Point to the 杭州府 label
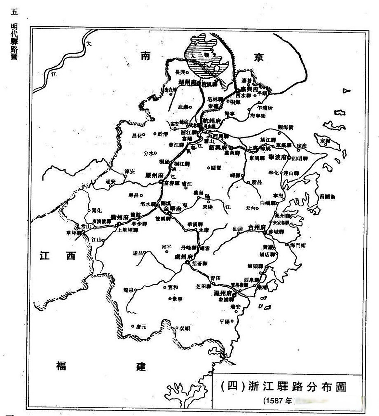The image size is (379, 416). pyautogui.click(x=212, y=121)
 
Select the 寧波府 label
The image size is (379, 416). pyautogui.click(x=277, y=157)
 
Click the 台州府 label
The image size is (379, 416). pyautogui.click(x=257, y=227)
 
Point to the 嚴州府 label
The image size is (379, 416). pyautogui.click(x=154, y=175)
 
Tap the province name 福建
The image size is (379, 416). pyautogui.click(x=101, y=366)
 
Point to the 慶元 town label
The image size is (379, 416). pyautogui.click(x=141, y=327)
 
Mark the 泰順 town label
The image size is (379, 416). pyautogui.click(x=185, y=329)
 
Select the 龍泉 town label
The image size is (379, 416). pyautogui.click(x=128, y=290)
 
